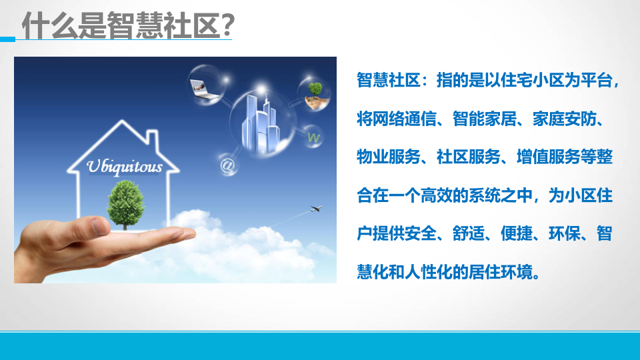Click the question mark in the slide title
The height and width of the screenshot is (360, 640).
[x=225, y=27]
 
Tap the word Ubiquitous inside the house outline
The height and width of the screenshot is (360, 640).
[x=125, y=166]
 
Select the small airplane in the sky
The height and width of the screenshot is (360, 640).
[x=315, y=209]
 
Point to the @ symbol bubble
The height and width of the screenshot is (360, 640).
[x=227, y=164]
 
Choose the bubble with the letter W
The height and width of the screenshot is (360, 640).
[x=313, y=137]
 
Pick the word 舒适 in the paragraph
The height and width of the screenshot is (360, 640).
[x=466, y=235]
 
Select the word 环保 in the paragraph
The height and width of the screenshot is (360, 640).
[x=564, y=235]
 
